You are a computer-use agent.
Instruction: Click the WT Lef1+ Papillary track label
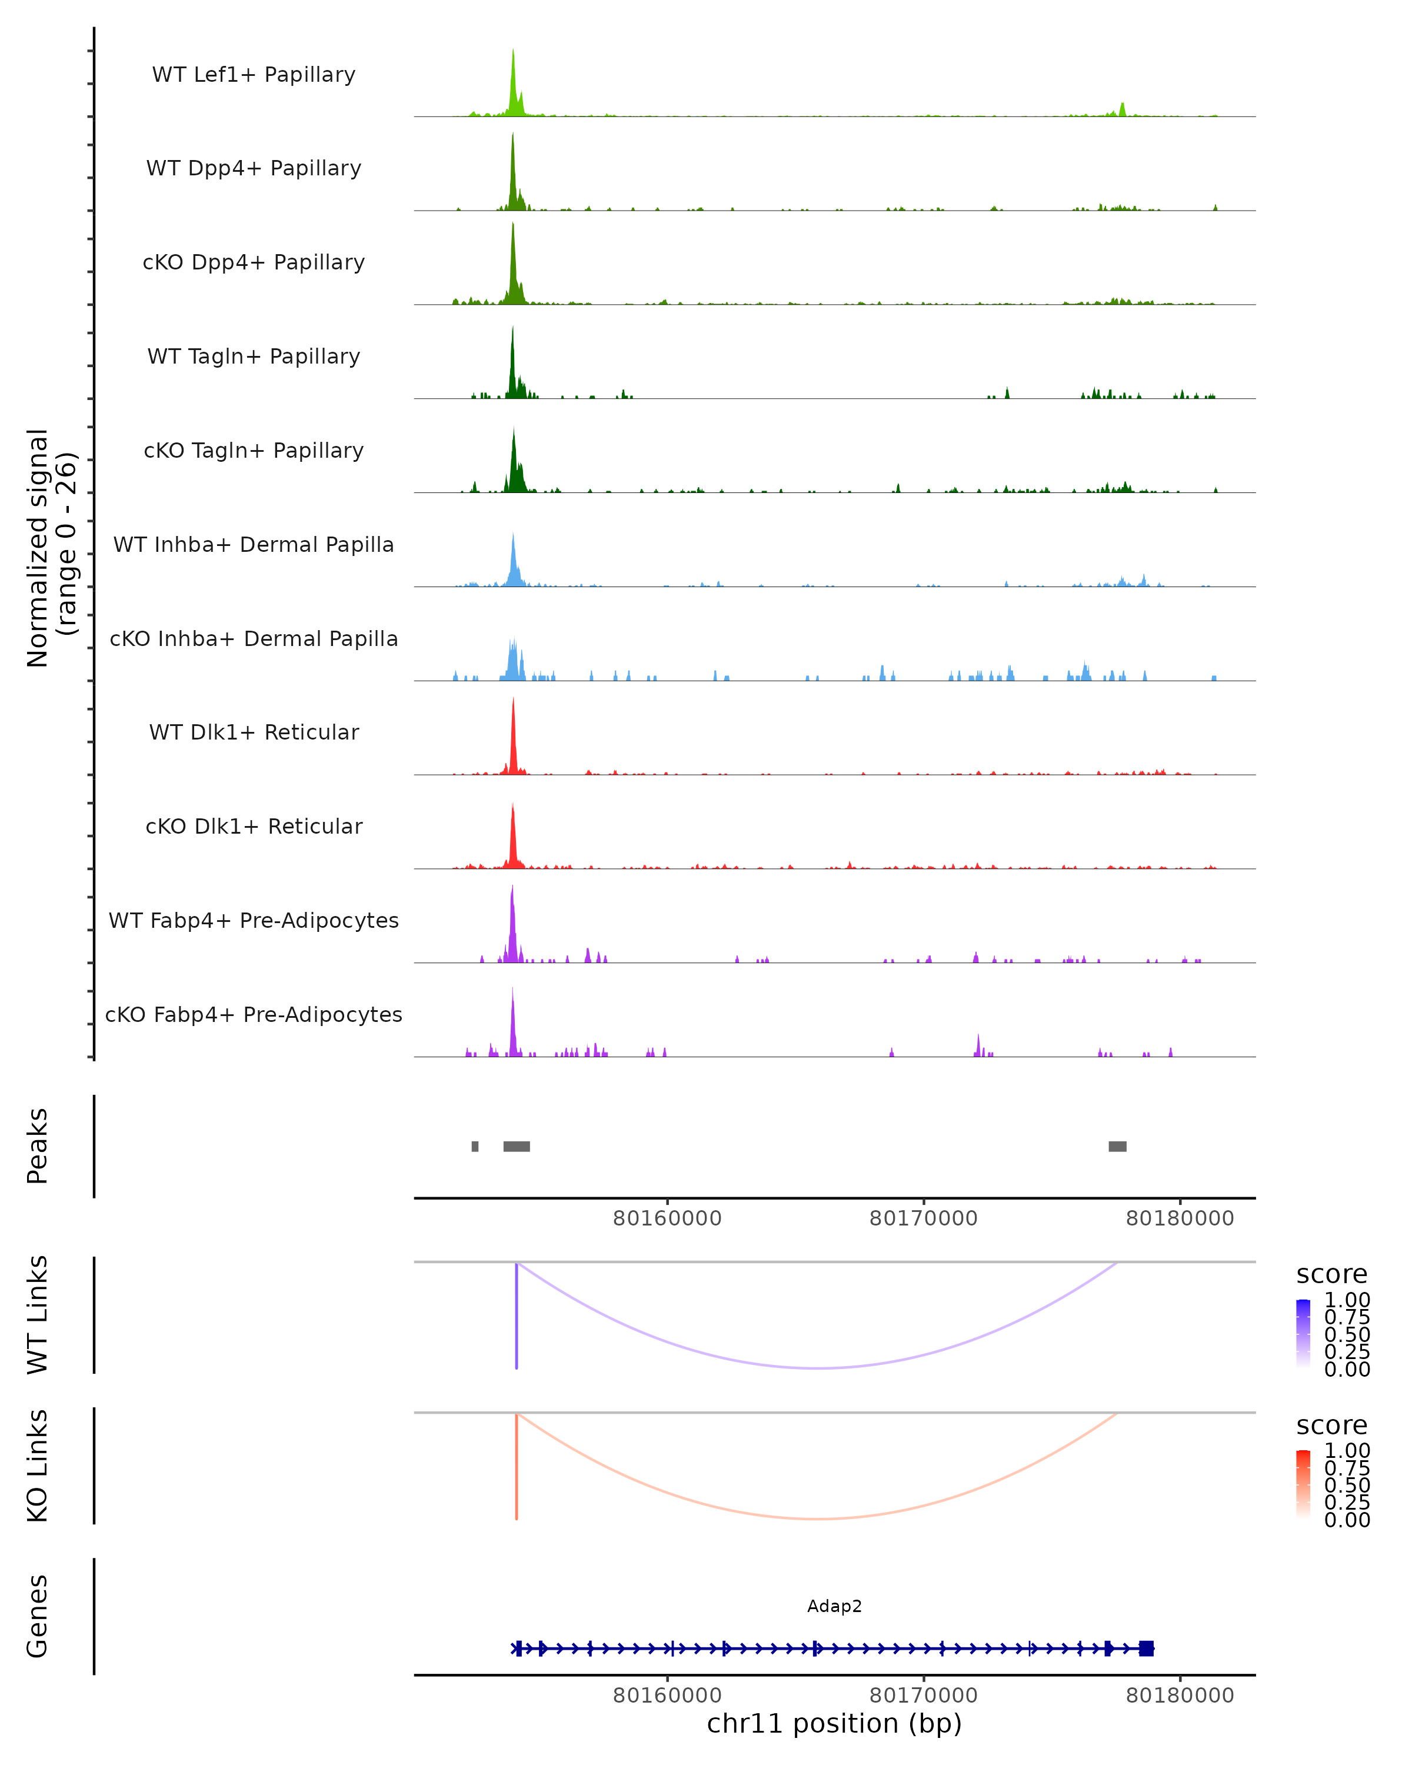(x=254, y=75)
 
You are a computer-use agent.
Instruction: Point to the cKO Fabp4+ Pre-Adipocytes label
(x=254, y=1014)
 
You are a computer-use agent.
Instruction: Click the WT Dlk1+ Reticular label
(x=254, y=732)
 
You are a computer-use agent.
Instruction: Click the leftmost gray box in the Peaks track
(x=475, y=1146)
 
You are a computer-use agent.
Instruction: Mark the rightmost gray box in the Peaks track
(x=1117, y=1146)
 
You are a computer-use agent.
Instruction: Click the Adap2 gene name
(x=834, y=1606)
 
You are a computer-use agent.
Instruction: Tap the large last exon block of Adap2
(x=1146, y=1649)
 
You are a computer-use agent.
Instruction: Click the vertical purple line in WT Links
(x=517, y=1316)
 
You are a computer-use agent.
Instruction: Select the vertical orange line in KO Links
(x=517, y=1466)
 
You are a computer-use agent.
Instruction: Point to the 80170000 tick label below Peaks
(x=923, y=1218)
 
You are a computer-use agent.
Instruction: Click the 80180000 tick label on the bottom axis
(x=1180, y=1696)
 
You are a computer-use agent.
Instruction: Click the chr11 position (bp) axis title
(x=834, y=1724)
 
